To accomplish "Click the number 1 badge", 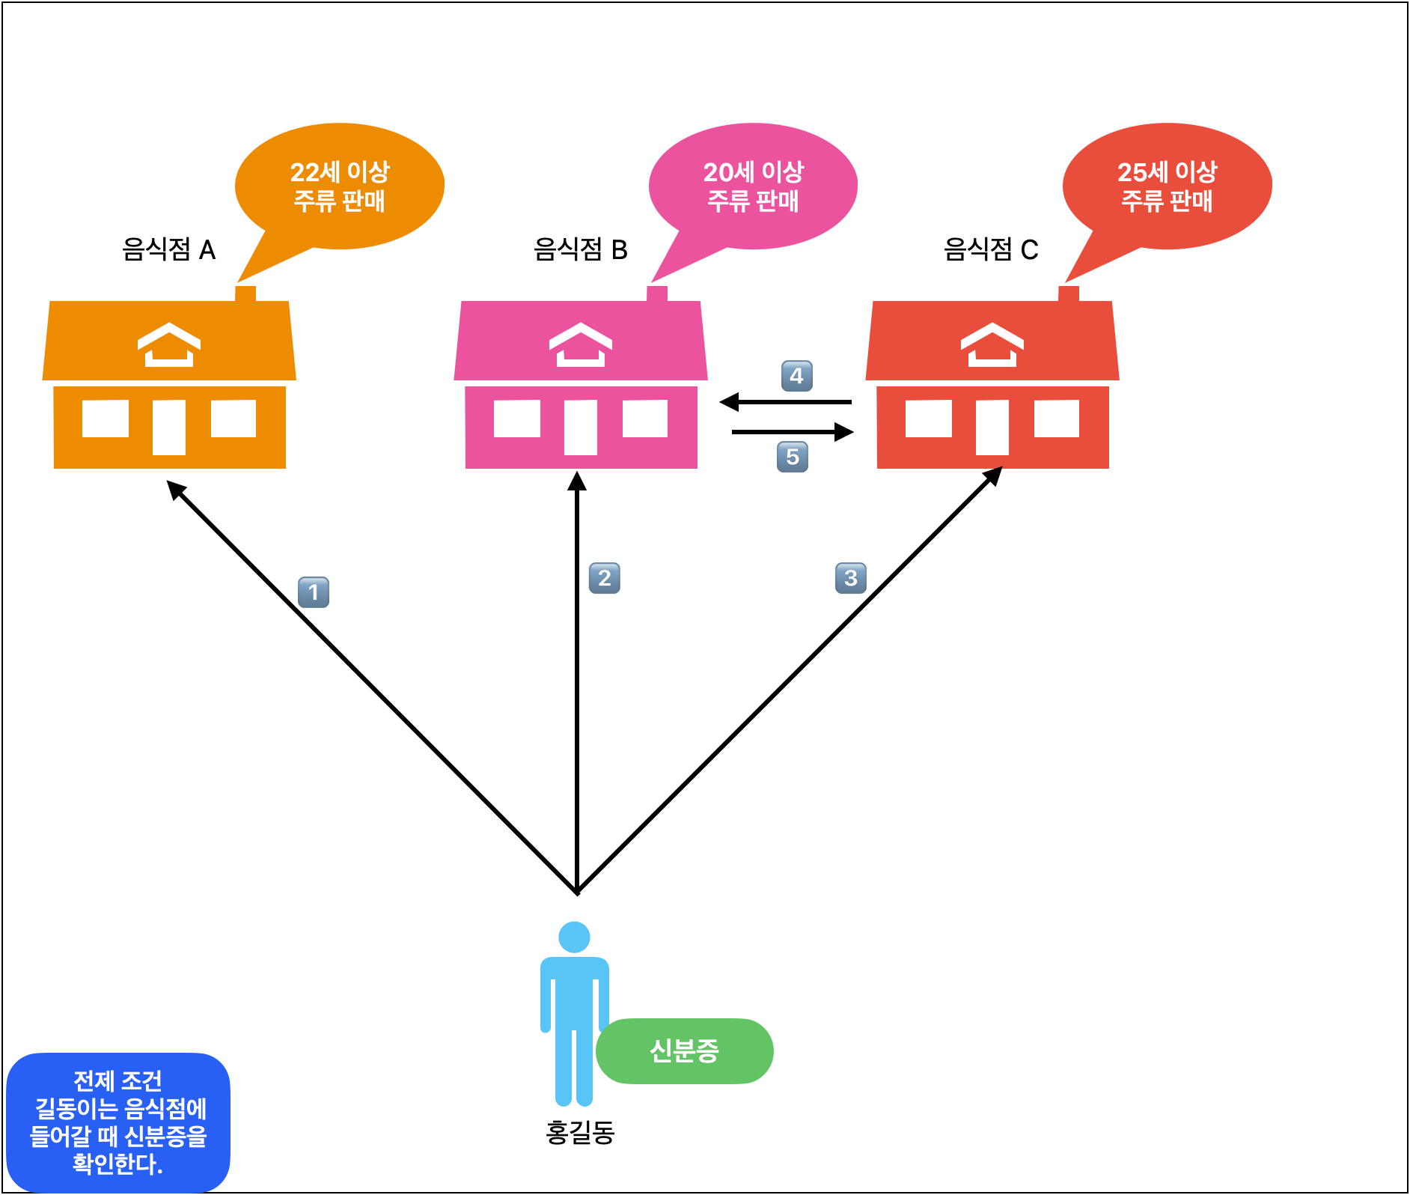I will coord(314,592).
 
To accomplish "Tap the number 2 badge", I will coord(605,578).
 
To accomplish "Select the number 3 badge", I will coord(851,578).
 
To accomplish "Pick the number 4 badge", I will coord(797,376).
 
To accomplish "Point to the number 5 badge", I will coord(793,457).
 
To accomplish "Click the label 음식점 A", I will coord(169,249).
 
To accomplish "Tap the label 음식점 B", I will coord(581,249).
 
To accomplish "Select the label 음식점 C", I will coord(991,249).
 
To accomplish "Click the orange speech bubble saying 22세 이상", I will coord(340,186).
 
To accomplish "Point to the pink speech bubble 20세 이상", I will coord(754,186).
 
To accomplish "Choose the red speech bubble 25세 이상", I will coord(1168,186).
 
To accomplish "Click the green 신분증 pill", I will coord(685,1050).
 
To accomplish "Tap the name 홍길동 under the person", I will coord(580,1132).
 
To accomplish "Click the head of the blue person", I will coord(574,937).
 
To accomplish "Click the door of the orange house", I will coord(169,427).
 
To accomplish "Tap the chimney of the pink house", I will coord(657,294).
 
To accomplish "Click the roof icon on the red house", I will coord(992,344).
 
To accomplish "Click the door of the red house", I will coord(992,427).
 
